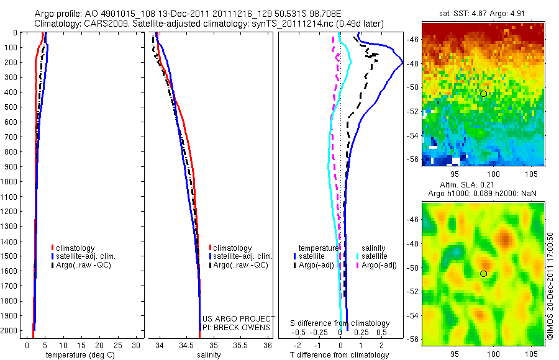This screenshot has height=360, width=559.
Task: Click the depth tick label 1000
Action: [11, 182]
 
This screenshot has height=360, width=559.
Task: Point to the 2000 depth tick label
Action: [11, 331]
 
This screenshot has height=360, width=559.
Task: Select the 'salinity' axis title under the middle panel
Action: [209, 355]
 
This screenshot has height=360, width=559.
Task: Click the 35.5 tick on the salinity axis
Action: [240, 345]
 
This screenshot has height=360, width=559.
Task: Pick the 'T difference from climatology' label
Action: [340, 355]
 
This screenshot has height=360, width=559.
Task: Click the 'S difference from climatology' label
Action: [340, 323]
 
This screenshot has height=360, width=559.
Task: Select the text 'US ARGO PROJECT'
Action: [237, 319]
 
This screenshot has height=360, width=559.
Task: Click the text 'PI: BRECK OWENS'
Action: [237, 327]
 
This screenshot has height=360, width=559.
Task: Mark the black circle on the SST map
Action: [483, 94]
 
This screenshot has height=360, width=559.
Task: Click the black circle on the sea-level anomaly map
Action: [483, 274]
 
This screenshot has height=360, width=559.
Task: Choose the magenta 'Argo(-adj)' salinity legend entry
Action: [379, 265]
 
